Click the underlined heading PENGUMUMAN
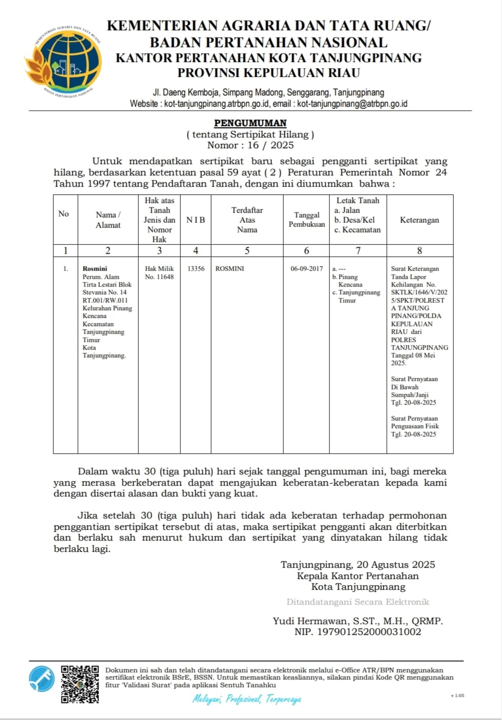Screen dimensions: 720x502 (250, 123)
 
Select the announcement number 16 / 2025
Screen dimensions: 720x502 (270, 145)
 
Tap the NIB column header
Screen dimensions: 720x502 (196, 220)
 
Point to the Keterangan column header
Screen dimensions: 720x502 (419, 220)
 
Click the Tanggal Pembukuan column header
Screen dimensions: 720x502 (306, 219)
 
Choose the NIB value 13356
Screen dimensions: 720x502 (196, 269)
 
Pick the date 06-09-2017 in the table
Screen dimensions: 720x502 (306, 269)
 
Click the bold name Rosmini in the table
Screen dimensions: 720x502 (95, 269)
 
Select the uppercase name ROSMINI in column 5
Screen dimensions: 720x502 (229, 269)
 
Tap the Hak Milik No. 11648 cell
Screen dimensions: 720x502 (159, 273)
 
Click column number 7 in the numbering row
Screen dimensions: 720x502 (358, 251)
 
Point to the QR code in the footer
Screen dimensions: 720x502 (80, 684)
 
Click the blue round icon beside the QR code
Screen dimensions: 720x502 (42, 678)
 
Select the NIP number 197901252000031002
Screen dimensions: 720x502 (369, 632)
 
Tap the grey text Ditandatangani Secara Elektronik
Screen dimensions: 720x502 (358, 602)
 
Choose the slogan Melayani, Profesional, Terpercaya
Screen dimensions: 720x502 (247, 699)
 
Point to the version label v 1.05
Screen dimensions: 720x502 (457, 695)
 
